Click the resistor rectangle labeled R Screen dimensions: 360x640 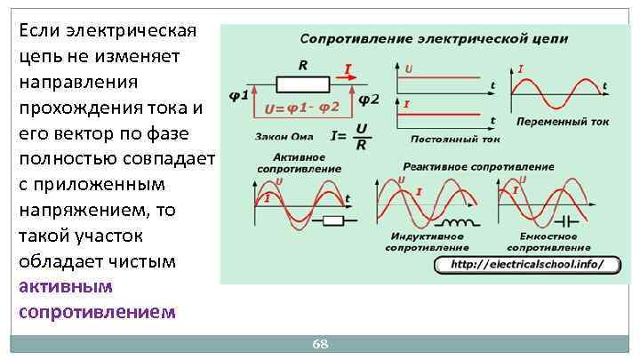(x=303, y=84)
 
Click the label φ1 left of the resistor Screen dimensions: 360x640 (x=238, y=97)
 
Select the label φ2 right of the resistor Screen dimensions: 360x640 (x=368, y=100)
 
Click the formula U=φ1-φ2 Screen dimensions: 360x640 (x=302, y=109)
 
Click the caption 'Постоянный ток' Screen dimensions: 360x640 (x=455, y=139)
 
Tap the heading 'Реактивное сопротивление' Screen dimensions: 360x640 (x=478, y=166)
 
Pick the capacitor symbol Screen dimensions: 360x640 (x=562, y=220)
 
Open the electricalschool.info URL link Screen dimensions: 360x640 (x=526, y=264)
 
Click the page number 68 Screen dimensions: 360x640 (x=320, y=343)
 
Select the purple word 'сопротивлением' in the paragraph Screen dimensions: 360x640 (x=97, y=312)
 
